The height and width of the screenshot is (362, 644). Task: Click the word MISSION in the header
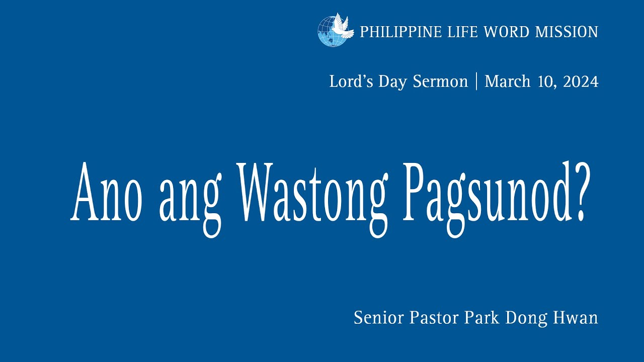pos(567,32)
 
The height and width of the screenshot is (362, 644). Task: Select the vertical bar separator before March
pos(476,81)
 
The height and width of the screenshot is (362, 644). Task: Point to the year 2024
pos(581,81)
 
